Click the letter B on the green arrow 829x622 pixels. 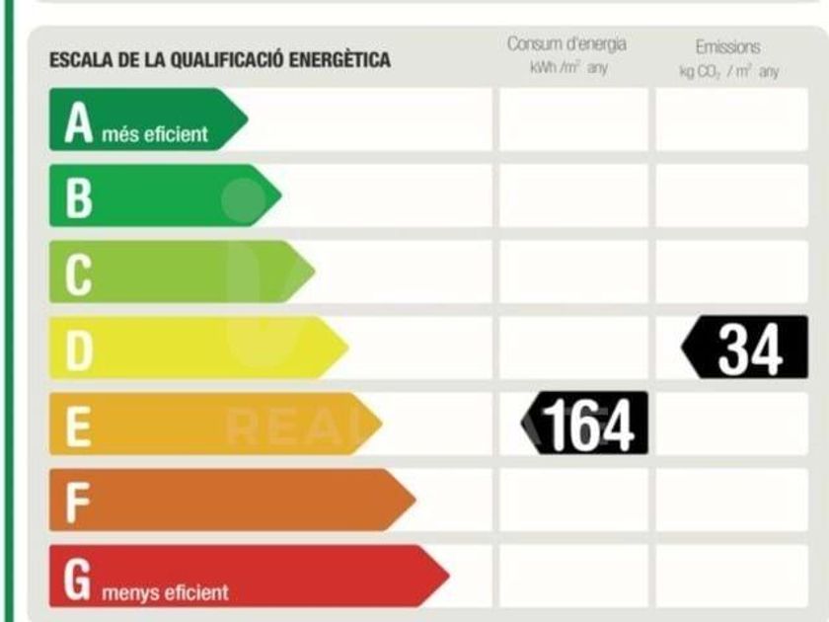click(x=79, y=196)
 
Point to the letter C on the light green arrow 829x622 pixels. click(x=79, y=272)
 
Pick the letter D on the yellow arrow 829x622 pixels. click(x=79, y=349)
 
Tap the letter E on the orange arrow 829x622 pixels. click(x=79, y=425)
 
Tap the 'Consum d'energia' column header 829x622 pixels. click(x=566, y=44)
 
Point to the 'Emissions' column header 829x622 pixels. click(x=728, y=46)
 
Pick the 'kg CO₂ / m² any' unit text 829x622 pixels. click(x=728, y=71)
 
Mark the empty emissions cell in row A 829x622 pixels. click(x=731, y=119)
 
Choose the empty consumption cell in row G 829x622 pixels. click(x=573, y=576)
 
